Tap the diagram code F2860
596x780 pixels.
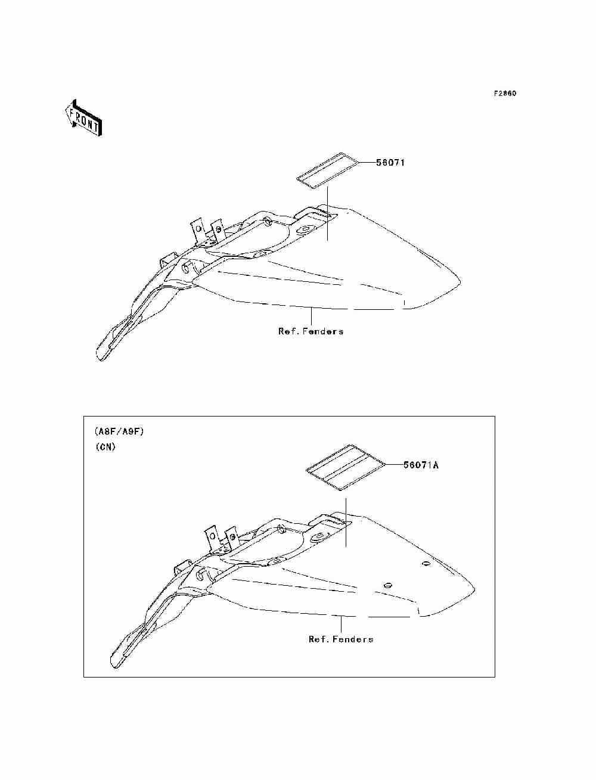point(505,94)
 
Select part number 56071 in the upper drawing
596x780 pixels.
point(390,163)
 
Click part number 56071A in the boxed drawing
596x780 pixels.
point(421,465)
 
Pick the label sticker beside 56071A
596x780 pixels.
point(346,468)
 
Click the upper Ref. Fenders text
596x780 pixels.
point(311,331)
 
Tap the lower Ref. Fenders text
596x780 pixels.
point(341,639)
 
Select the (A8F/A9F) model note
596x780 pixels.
point(119,432)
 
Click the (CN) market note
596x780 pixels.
point(105,447)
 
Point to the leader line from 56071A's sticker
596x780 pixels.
point(394,464)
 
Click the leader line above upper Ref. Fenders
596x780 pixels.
point(311,316)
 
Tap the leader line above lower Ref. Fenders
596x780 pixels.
point(341,624)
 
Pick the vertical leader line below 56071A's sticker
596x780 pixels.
point(346,522)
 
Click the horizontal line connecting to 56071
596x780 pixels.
point(368,163)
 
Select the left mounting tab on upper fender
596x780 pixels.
point(198,231)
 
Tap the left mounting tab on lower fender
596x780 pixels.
point(212,539)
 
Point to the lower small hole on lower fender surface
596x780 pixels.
point(388,585)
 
